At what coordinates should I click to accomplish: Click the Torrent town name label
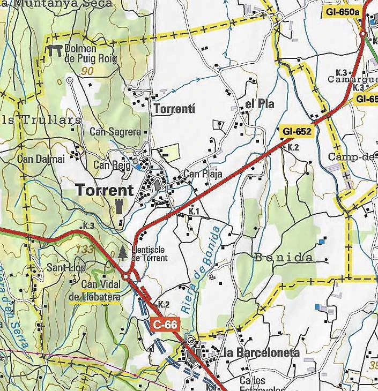[x=105, y=190]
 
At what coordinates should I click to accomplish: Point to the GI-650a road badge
[x=342, y=11]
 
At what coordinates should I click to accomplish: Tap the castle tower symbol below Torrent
[x=118, y=205]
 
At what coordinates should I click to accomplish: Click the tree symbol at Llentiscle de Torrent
[x=123, y=252]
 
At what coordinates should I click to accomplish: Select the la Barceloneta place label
[x=262, y=352]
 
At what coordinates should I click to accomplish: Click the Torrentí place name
[x=174, y=109]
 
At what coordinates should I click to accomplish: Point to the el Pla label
[x=260, y=104]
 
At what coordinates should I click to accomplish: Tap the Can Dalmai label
[x=41, y=159]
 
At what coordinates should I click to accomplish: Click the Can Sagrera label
[x=115, y=132]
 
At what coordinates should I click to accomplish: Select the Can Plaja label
[x=203, y=174]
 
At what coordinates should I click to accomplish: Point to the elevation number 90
[x=88, y=71]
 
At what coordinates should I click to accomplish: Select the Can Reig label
[x=112, y=165]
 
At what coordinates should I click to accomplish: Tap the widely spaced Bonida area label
[x=283, y=258]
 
